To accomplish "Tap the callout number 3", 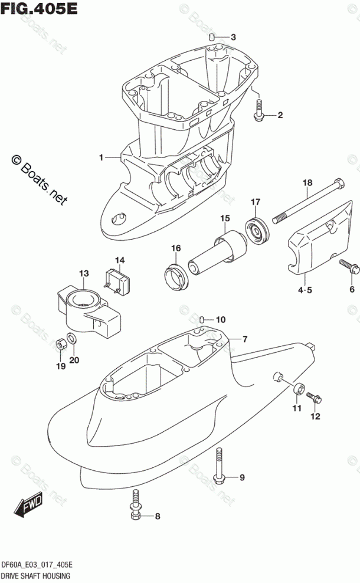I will point(233,37).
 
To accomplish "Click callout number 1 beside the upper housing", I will point(102,158).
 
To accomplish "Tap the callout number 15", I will point(225,220).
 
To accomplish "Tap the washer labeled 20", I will point(72,338).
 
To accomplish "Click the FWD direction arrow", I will point(26,507).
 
